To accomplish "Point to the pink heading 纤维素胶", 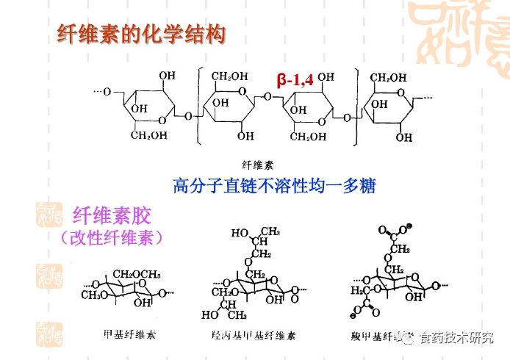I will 112,216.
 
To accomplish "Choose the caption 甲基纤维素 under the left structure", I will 130,334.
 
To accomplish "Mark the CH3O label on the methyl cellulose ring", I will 95,295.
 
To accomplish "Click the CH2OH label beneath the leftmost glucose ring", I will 149,135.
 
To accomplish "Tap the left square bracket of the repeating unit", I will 199,104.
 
